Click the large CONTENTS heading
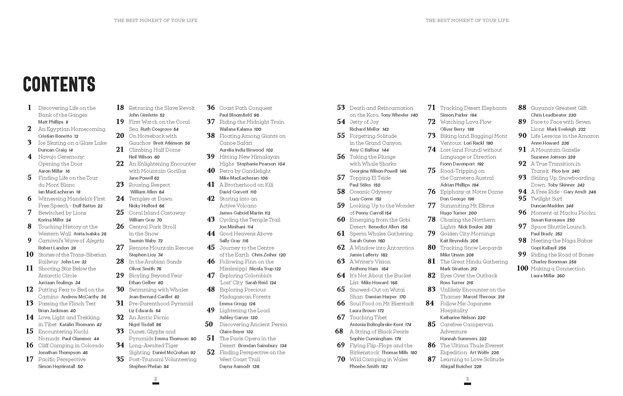pyautogui.click(x=59, y=84)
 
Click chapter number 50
pyautogui.click(x=209, y=324)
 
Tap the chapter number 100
pyautogui.click(x=522, y=268)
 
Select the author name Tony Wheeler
pyautogui.click(x=394, y=115)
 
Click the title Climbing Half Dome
pyautogui.click(x=155, y=150)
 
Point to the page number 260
pyautogui.click(x=561, y=276)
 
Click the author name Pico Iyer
pyautogui.click(x=560, y=171)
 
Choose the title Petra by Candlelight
pyautogui.click(x=245, y=171)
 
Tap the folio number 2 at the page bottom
pyautogui.click(x=156, y=379)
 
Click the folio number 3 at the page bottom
pyautogui.click(x=467, y=379)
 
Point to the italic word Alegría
pyautogui.click(x=95, y=241)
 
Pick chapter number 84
pyautogui.click(x=430, y=303)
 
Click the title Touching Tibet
pyautogui.click(x=368, y=317)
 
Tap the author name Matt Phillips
pyautogui.click(x=51, y=122)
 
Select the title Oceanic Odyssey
pyautogui.click(x=370, y=192)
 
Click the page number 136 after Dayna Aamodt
pyautogui.click(x=256, y=367)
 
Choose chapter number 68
pyautogui.click(x=339, y=331)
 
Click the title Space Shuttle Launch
pyautogui.click(x=558, y=227)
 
